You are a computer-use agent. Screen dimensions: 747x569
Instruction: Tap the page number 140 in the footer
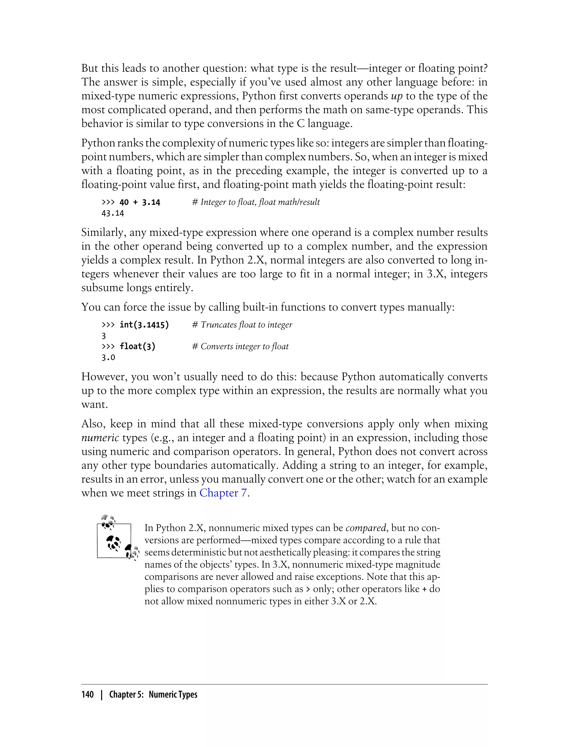coord(88,694)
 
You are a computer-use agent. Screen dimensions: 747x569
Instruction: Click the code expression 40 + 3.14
coord(139,202)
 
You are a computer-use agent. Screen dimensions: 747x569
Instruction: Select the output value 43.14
coord(113,213)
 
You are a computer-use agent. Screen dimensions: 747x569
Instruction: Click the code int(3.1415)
coord(144,325)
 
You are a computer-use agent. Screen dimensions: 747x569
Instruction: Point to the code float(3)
coord(137,347)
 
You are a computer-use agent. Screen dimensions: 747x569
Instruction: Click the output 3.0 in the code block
coord(108,358)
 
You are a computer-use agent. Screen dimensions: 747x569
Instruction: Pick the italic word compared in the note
coord(366,528)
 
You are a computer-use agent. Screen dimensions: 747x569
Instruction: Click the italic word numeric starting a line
coord(100,438)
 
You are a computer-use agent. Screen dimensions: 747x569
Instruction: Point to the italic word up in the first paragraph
coord(397,96)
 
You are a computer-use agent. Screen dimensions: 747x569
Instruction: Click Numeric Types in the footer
coord(173,694)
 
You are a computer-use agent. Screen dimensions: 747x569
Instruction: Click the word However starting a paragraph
coord(103,377)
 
